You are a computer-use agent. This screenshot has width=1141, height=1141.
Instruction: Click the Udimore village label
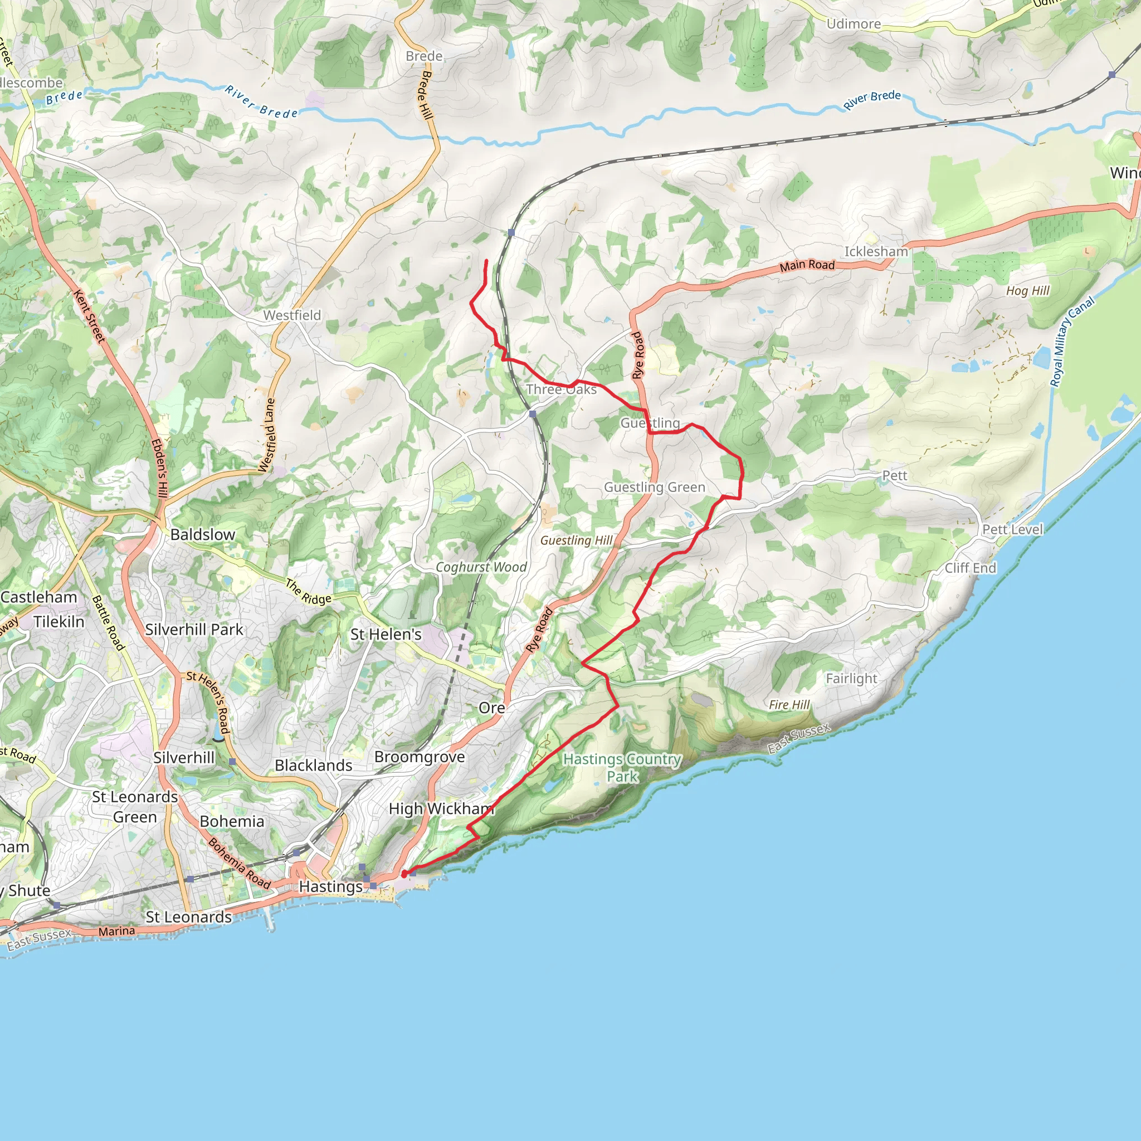tap(854, 24)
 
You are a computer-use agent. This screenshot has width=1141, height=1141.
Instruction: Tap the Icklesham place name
tap(876, 252)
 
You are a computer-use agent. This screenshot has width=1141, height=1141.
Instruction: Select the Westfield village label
tap(292, 315)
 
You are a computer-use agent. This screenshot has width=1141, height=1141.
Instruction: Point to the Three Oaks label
tap(561, 389)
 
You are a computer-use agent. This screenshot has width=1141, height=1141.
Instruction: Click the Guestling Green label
tap(655, 487)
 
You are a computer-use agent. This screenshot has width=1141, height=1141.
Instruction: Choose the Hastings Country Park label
tap(622, 767)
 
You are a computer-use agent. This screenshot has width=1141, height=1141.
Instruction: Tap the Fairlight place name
tap(851, 679)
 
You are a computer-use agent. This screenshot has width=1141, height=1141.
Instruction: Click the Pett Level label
tap(1012, 529)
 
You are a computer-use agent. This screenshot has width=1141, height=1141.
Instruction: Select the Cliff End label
tap(970, 568)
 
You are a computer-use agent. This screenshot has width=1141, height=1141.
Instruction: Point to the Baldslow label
tap(203, 534)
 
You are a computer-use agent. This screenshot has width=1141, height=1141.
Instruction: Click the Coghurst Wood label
tap(481, 567)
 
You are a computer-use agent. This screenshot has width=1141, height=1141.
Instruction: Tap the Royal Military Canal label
tap(1072, 342)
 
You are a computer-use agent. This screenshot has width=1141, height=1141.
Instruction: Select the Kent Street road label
tap(90, 316)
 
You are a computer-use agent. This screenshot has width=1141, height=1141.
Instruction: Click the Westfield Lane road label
tap(267, 435)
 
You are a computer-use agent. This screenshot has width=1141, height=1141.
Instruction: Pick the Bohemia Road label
tap(239, 864)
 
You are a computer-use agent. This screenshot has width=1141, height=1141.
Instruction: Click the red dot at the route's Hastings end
tap(404, 874)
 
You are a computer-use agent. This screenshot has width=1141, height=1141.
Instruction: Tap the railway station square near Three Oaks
tap(533, 414)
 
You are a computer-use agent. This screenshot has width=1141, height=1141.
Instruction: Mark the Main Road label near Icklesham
tap(807, 266)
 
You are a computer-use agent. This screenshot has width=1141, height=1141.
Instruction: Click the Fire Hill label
tap(789, 705)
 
